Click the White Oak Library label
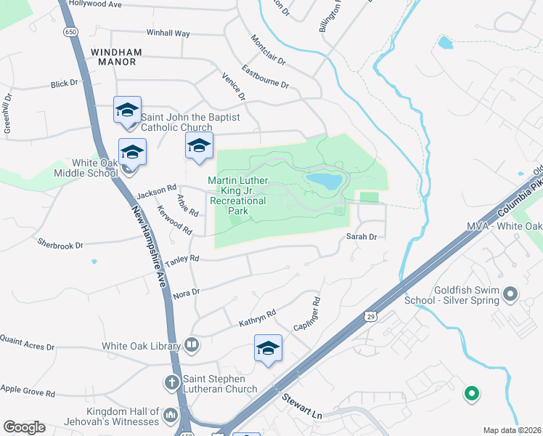point(142,344)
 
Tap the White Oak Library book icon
point(192,344)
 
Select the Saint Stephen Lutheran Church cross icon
point(173,381)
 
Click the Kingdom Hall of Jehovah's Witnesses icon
point(170,415)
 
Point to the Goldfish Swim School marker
point(510,294)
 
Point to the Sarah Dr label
point(362,237)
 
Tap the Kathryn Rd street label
point(258,317)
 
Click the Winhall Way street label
point(168,33)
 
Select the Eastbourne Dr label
point(265,77)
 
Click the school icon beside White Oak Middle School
point(132,152)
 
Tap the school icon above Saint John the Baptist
point(128,110)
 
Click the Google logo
point(24,427)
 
